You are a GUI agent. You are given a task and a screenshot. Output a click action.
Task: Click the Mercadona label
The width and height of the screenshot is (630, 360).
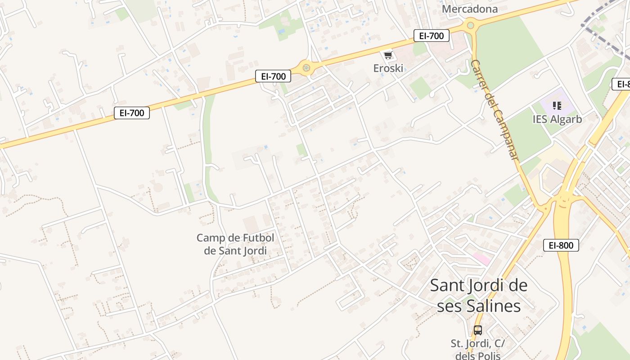[470, 9]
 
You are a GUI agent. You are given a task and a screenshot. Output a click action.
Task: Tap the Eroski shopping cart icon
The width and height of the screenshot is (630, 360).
[388, 55]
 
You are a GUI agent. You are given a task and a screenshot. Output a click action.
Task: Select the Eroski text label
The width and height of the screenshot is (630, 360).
[388, 68]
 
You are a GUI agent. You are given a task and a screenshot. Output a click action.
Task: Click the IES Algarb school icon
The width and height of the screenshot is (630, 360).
[557, 106]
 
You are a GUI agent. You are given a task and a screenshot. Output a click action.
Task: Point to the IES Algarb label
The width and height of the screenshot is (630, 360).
[557, 119]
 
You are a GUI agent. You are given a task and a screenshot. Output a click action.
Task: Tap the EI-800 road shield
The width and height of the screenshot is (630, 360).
[561, 245]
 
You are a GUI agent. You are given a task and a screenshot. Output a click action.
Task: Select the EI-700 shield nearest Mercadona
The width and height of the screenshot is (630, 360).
[432, 36]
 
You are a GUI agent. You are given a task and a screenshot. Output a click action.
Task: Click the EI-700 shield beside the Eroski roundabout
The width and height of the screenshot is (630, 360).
[273, 76]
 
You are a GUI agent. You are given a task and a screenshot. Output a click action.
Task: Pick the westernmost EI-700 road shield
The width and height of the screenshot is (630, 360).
[132, 113]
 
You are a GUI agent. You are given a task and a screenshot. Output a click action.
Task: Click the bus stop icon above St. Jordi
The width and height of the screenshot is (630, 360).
[478, 330]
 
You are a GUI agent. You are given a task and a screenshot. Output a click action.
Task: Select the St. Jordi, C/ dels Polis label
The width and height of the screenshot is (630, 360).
[478, 349]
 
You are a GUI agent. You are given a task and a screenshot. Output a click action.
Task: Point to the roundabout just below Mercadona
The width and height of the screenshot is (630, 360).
[471, 25]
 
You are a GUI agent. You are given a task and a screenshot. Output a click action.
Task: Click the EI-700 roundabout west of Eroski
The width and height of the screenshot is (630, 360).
[306, 68]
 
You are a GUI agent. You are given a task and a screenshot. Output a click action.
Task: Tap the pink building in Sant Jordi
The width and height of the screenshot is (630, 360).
[481, 259]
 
